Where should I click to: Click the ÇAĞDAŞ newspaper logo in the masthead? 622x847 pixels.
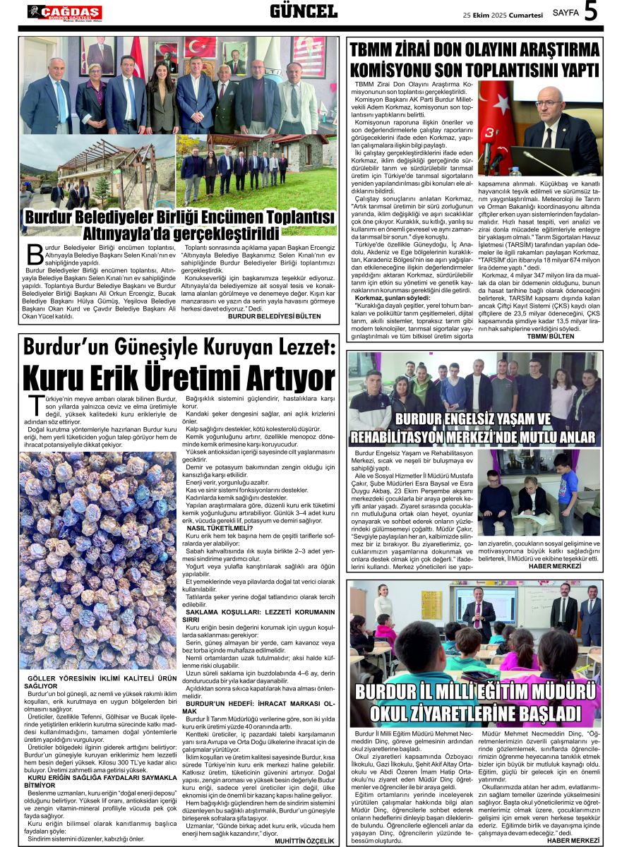(64, 11)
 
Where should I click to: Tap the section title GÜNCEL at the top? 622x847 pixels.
(304, 11)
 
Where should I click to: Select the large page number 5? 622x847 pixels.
(591, 11)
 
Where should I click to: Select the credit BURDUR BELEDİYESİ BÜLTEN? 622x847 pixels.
(274, 317)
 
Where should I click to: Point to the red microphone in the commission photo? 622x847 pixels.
(487, 152)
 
